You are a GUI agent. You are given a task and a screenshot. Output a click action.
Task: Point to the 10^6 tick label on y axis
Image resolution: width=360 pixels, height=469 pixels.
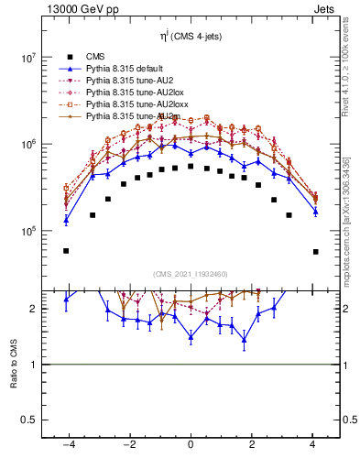click(27, 145)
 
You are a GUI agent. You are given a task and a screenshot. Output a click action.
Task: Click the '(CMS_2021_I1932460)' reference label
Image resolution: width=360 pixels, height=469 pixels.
click(191, 274)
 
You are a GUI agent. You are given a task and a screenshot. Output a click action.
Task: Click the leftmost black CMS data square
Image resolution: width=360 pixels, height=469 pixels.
click(66, 250)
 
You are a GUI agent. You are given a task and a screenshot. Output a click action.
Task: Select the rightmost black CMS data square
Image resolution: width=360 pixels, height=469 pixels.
click(315, 251)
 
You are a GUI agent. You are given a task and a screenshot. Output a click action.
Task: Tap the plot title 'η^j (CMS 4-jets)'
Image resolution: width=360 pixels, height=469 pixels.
click(191, 37)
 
